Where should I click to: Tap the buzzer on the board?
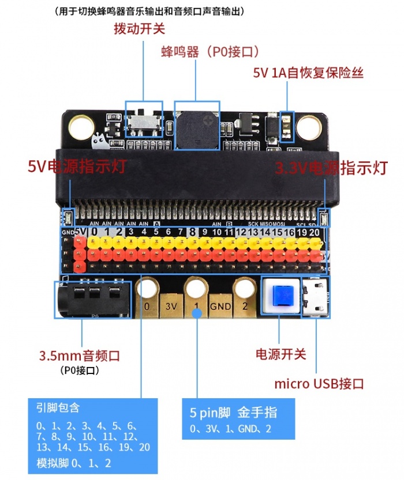pos(197,127)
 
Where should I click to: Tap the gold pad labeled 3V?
pos(172,306)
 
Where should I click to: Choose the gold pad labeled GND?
pos(221,306)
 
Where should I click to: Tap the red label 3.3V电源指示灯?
pos(331,168)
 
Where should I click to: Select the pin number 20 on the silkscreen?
pos(314,232)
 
